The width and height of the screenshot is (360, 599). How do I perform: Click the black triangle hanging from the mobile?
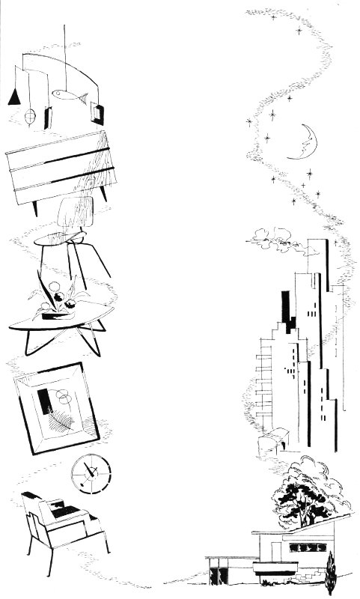tap(13, 97)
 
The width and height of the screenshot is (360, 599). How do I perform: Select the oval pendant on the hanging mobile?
tap(31, 118)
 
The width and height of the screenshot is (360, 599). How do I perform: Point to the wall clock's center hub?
tap(91, 472)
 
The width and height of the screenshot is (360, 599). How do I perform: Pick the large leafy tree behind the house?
tap(307, 490)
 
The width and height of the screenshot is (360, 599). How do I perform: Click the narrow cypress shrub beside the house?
tap(330, 572)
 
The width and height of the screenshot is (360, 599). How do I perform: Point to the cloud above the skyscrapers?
tap(269, 238)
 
